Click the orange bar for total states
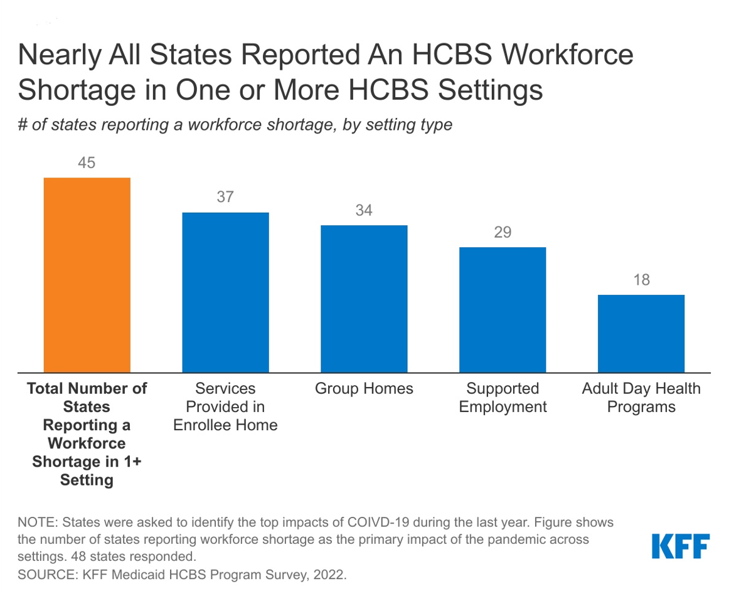(87, 275)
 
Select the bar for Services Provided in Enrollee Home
(225, 292)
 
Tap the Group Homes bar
(364, 299)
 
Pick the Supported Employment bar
(503, 309)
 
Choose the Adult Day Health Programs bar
(641, 333)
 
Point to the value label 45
(87, 163)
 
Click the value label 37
(225, 197)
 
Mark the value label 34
(364, 210)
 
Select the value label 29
(503, 233)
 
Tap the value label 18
(641, 280)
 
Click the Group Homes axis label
(364, 389)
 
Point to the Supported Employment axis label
(503, 398)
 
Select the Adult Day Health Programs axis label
(641, 398)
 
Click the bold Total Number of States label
(87, 434)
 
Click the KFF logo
(681, 546)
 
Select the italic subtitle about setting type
(235, 124)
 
